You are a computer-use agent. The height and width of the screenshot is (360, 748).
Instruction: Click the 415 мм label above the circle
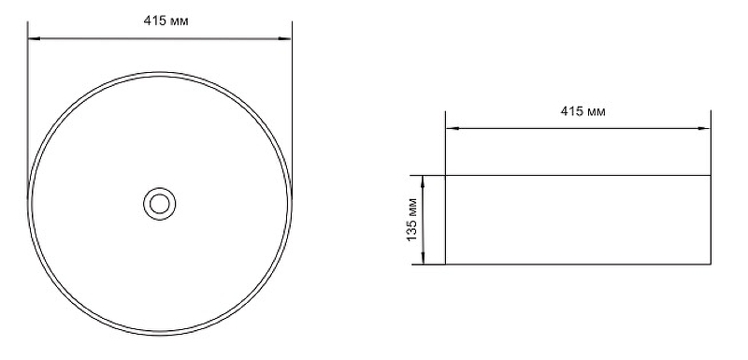coord(166,22)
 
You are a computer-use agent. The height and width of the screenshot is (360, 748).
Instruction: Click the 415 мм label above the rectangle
coord(583,111)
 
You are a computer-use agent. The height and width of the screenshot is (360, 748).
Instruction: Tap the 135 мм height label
coord(412,220)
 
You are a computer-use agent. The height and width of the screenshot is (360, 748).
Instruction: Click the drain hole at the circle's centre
coord(159,204)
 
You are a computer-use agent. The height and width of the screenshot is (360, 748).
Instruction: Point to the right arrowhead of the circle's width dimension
coord(285,38)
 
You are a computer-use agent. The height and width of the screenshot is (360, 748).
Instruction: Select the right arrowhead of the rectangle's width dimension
coord(704,128)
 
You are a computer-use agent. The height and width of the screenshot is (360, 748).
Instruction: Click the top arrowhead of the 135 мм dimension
coord(424,181)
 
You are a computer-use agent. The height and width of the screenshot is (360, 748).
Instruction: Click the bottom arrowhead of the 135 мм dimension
coord(424,257)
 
